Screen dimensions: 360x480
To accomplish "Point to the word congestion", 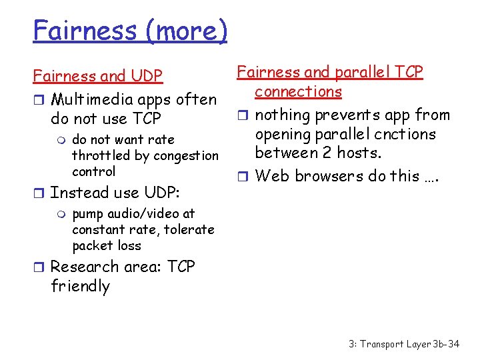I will click(x=185, y=155).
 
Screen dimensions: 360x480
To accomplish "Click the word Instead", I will click(x=74, y=193).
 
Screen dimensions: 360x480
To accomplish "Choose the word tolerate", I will click(x=187, y=229).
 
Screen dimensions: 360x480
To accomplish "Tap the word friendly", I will click(x=80, y=287).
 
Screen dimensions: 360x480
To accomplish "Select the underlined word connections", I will click(x=298, y=91).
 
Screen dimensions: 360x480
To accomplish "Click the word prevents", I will click(x=343, y=115).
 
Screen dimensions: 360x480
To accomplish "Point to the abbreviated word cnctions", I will click(x=405, y=135).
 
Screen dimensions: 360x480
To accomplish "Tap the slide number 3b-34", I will click(x=445, y=344).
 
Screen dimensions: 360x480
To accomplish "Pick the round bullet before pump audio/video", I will click(x=63, y=214).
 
